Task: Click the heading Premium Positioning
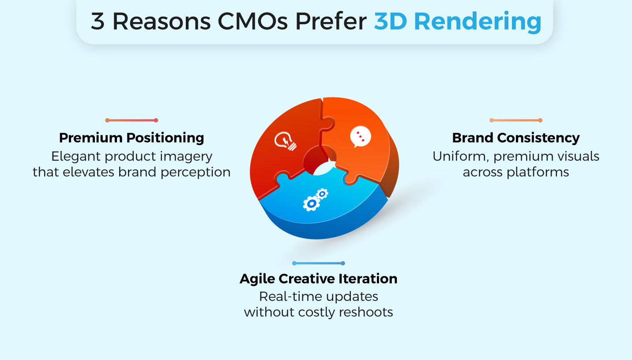point(132,138)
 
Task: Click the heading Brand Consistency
point(515,138)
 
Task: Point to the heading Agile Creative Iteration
point(318,279)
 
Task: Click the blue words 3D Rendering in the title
point(457,22)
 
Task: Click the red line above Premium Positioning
point(132,120)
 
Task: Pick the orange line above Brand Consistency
point(515,120)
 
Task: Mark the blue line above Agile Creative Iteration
point(318,263)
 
